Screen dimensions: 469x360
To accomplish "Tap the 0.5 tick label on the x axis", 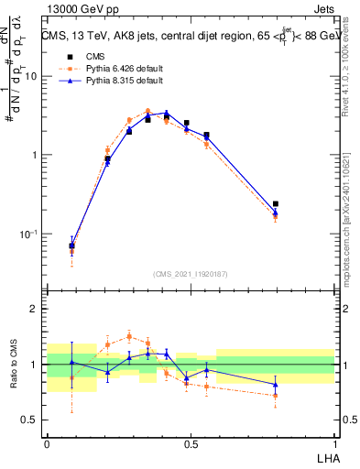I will (x=191, y=442).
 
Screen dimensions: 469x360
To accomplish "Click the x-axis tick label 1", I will (x=334, y=442).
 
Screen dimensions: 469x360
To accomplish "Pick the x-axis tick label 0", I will (x=47, y=442).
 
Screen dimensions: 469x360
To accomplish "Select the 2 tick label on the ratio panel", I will (x=37, y=310).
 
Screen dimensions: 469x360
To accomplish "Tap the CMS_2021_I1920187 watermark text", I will (x=191, y=274).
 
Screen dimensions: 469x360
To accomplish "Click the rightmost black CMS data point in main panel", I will (x=276, y=204).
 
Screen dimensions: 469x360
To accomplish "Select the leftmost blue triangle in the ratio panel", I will (x=72, y=363).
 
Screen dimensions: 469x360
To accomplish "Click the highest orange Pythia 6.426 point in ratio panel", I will (x=129, y=336).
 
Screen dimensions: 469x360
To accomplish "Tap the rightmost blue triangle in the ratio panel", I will (x=276, y=384).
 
